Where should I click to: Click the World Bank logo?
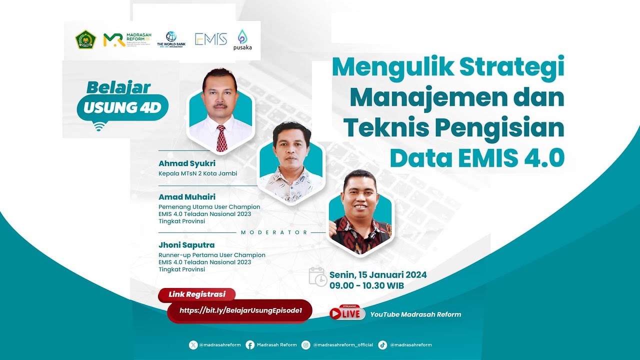[171, 39]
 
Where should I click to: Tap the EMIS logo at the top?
[211, 39]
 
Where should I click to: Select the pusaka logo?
[242, 39]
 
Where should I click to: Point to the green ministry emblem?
[85, 39]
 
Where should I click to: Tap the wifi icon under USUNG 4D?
[99, 126]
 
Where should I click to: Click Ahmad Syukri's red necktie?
[221, 138]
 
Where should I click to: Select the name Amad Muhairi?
[187, 197]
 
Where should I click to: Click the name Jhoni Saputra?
[186, 245]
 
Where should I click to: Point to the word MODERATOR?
[274, 232]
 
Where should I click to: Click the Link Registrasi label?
[197, 294]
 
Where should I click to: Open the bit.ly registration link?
[240, 310]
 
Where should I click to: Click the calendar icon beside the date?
[317, 276]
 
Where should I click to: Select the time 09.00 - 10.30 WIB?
[366, 286]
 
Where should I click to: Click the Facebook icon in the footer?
[250, 344]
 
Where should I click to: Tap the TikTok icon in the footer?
[382, 344]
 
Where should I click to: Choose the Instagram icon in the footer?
[306, 344]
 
